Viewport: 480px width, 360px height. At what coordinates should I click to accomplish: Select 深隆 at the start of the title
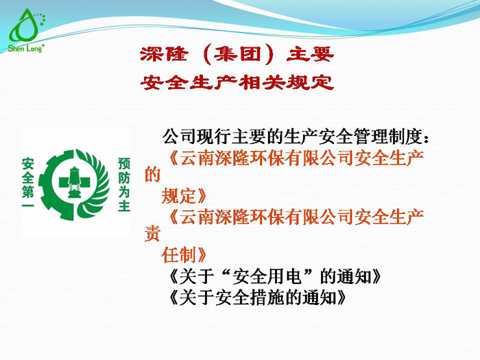158,53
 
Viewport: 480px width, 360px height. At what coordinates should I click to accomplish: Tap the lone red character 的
152,176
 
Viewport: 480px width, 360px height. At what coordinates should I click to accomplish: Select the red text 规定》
184,196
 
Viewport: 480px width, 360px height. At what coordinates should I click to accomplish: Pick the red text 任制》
184,256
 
